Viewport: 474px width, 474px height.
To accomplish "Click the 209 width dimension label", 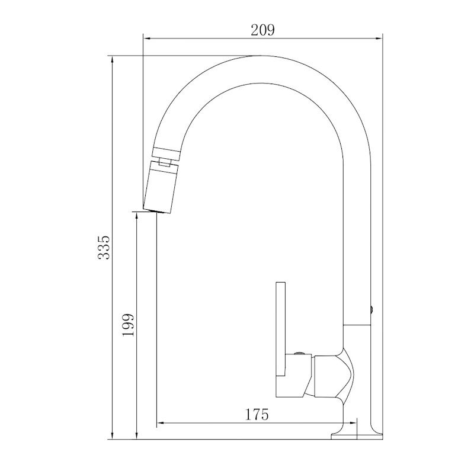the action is pos(262,30).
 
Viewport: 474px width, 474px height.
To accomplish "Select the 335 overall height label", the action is pos(104,247).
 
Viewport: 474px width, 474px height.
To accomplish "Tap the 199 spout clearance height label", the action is pos(128,325).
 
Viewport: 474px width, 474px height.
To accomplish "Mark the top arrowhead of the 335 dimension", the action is pos(113,60).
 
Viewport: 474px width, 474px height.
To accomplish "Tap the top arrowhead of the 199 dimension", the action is pos(137,216).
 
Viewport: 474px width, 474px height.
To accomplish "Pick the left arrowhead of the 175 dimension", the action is pos(161,423).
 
